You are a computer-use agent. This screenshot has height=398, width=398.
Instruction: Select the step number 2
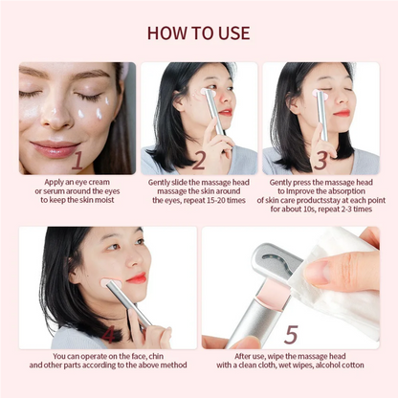(x=199, y=159)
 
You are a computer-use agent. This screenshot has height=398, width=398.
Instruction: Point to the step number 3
(x=321, y=159)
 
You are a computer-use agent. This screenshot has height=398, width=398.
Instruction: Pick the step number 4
(x=111, y=334)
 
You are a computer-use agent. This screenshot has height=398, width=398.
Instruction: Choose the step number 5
(x=291, y=334)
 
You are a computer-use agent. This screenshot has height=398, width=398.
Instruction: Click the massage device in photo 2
(x=213, y=112)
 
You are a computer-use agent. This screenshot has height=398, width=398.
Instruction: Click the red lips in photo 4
(x=136, y=278)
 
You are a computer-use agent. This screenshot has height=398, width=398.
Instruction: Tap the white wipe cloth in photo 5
(x=344, y=277)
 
